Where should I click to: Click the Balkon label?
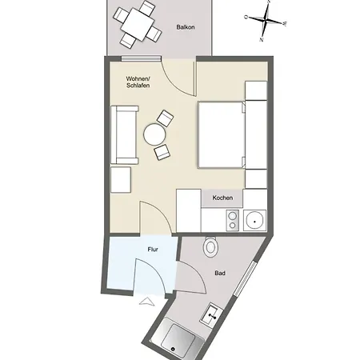186,27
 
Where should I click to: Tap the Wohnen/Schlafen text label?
138,82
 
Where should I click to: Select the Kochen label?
222,198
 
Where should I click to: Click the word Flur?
153,250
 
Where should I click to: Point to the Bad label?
220,273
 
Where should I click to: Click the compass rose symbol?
266,20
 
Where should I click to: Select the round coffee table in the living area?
154,134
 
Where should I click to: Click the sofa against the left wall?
125,135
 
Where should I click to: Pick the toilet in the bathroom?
210,246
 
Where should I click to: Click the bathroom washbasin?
212,314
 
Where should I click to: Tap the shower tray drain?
173,349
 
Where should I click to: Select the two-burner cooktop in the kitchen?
232,221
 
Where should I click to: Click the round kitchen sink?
255,221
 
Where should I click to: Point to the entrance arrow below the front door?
147,302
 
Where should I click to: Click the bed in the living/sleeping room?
222,134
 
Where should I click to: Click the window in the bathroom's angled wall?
246,278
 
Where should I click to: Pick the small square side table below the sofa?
121,180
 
